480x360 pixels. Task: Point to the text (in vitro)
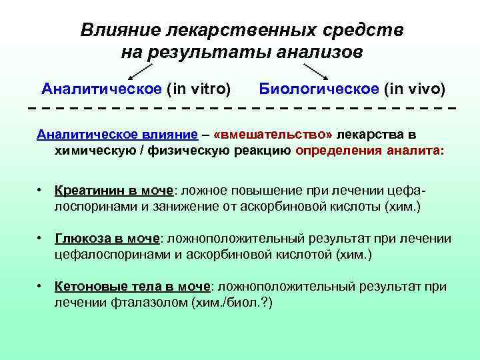pos(199,89)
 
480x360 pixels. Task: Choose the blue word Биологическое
pos(313,89)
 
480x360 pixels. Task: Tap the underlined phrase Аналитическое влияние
pos(117,134)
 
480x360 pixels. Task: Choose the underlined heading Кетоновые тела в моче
pos(133,286)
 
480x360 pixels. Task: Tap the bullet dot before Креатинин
pos(41,190)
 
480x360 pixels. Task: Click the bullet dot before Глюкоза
pos(41,238)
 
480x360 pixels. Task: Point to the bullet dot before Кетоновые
pos(41,286)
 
